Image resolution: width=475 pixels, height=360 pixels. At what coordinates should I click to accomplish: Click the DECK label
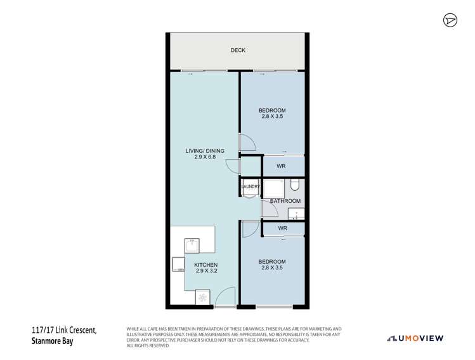point(237,50)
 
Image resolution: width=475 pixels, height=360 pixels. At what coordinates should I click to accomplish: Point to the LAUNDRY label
point(251,187)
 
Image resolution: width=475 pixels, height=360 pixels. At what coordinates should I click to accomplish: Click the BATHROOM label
point(285,202)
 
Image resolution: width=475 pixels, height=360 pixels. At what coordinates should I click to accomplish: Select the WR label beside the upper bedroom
point(283,167)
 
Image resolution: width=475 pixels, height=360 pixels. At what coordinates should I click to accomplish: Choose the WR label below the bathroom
point(283,228)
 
